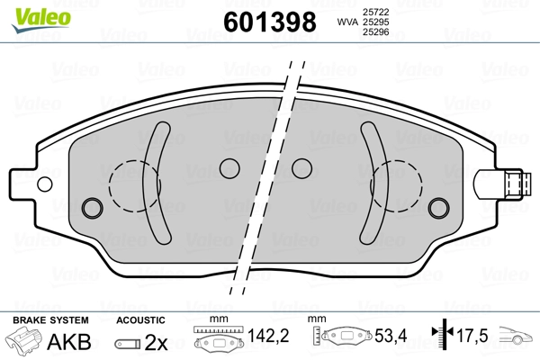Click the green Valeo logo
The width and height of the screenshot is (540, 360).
pyautogui.click(x=41, y=19)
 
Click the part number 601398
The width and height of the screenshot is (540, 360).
pyautogui.click(x=270, y=22)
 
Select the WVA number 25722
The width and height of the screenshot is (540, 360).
pyautogui.click(x=375, y=12)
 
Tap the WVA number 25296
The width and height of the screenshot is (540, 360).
pyautogui.click(x=375, y=32)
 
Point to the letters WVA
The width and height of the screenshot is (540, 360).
pyautogui.click(x=347, y=22)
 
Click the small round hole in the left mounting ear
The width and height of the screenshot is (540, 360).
pyautogui.click(x=45, y=184)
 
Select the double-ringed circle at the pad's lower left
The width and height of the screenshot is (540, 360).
pyautogui.click(x=93, y=208)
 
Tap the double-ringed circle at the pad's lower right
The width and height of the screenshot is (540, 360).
pyautogui.click(x=438, y=208)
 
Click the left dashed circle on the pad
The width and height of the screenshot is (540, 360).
pyautogui.click(x=109, y=186)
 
